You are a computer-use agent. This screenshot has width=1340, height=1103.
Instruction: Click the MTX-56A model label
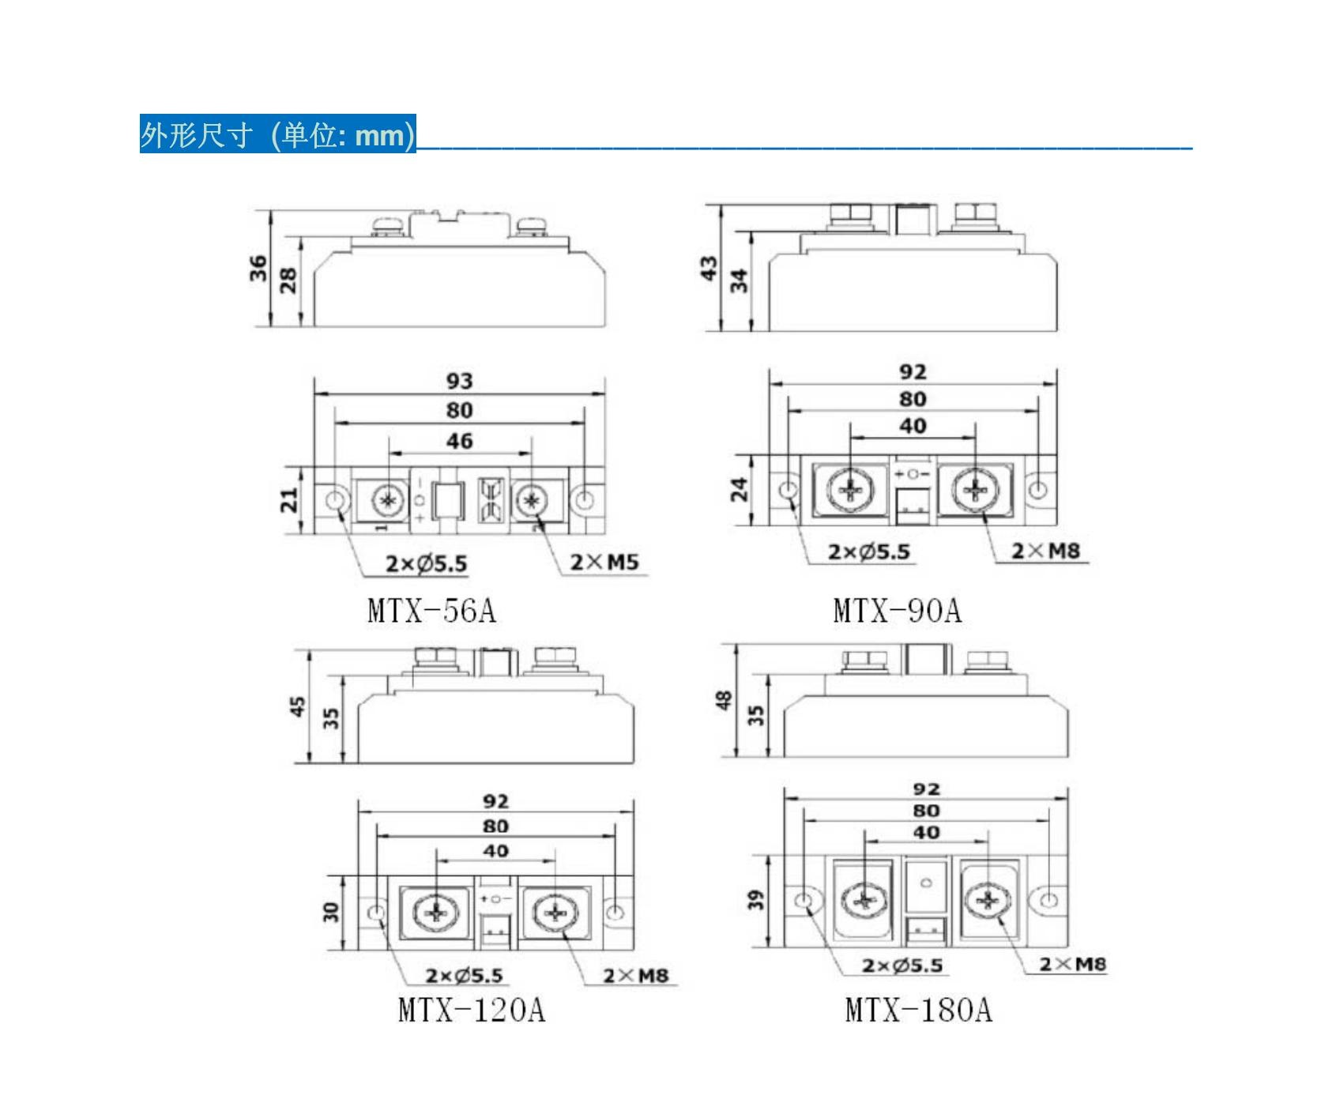[431, 611]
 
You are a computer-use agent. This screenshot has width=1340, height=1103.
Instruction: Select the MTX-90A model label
[897, 611]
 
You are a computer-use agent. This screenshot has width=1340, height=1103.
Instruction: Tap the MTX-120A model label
[471, 1010]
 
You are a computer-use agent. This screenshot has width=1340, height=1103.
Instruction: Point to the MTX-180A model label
[918, 1010]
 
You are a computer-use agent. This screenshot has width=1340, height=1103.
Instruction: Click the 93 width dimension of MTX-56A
[459, 381]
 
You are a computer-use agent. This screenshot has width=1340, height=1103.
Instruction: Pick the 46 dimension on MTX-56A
[459, 441]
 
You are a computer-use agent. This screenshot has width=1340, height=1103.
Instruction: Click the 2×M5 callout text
[604, 562]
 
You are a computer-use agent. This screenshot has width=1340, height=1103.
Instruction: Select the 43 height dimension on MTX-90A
[709, 268]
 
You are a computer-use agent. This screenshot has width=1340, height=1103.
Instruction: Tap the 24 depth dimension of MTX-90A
[739, 490]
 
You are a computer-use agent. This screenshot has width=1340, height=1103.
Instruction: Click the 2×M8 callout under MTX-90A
[1045, 551]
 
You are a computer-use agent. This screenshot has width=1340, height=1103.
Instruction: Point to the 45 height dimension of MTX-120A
[297, 706]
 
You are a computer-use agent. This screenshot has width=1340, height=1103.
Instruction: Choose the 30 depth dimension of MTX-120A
[330, 913]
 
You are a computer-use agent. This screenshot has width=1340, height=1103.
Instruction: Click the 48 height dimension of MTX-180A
[724, 700]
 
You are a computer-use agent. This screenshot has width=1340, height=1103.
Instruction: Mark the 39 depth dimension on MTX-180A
[756, 900]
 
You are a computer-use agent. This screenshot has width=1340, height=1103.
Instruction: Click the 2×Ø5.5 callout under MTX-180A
[901, 966]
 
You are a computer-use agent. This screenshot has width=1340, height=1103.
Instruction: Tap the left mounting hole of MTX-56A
[336, 500]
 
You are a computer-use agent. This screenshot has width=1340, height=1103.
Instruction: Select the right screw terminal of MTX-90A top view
[975, 490]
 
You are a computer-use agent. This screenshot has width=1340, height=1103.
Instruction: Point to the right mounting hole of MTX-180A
[1048, 901]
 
